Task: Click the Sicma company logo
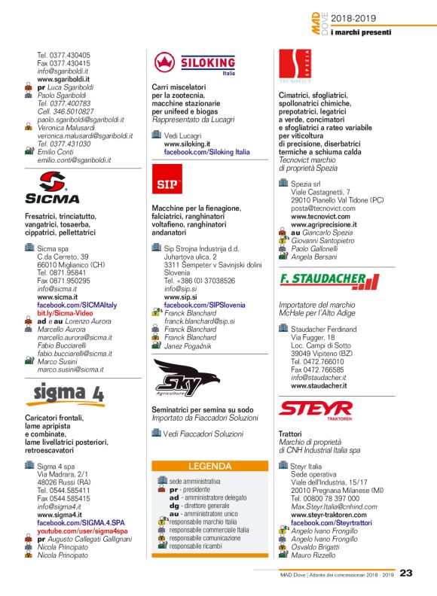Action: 52,188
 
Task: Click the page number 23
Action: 406,574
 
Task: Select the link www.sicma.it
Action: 57,297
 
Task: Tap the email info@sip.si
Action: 179,288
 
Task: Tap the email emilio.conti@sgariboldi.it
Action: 74,160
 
